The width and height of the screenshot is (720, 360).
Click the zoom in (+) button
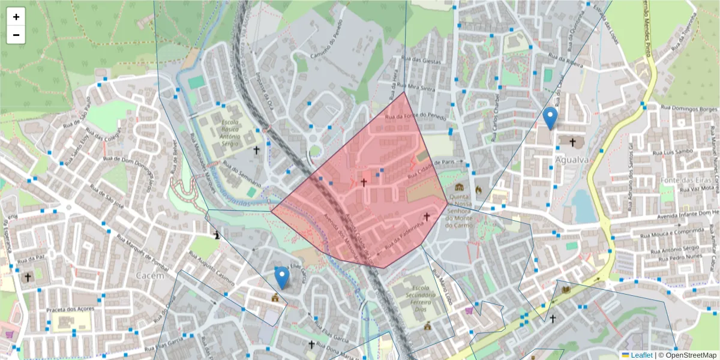click(16, 17)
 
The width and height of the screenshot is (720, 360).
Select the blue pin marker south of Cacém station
click(281, 278)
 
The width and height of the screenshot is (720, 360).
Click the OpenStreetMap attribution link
click(690, 355)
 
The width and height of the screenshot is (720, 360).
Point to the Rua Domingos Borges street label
click(689, 109)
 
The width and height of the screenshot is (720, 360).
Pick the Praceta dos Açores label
click(71, 310)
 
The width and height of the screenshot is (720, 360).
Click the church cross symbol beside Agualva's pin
click(572, 142)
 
